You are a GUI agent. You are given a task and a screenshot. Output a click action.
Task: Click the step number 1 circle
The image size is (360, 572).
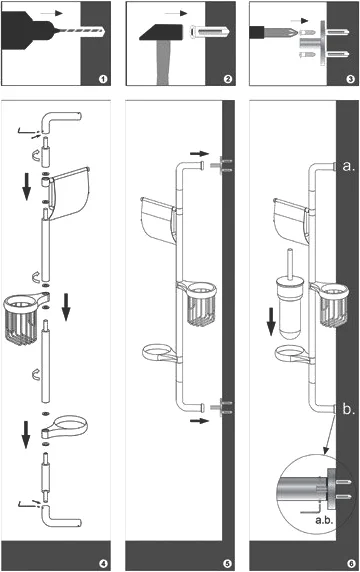coord(103,78)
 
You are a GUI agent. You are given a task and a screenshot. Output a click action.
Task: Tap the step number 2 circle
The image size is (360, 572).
coord(228,78)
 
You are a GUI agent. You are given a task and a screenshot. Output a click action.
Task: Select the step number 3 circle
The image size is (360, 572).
coord(351,78)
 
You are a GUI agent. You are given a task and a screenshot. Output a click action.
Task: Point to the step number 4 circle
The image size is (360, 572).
coord(104,564)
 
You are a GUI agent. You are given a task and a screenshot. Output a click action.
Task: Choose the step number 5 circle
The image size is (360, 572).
coord(227,564)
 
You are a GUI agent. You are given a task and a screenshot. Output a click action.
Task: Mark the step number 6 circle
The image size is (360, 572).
coord(351,564)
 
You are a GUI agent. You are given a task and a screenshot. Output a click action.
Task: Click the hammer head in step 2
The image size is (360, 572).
coord(161,32)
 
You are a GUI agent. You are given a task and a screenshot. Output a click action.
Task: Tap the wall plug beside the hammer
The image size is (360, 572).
coord(210,32)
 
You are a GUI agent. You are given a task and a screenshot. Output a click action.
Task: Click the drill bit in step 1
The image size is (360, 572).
coord(79,32)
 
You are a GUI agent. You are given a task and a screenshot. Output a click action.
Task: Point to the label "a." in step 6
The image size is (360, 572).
coord(349,166)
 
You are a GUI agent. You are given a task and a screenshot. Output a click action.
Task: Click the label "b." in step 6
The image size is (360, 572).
coord(349,409)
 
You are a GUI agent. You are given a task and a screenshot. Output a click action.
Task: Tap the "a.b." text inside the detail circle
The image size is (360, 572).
coord(324,520)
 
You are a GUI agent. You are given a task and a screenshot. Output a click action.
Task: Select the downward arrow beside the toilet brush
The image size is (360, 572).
coord(271,321)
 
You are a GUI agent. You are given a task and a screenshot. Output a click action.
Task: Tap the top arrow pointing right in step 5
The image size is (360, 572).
coord(200,154)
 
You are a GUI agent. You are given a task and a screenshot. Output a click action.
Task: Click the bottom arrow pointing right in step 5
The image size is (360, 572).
coord(200,421)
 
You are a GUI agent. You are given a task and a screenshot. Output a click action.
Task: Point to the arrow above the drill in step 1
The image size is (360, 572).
coord(51,13)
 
